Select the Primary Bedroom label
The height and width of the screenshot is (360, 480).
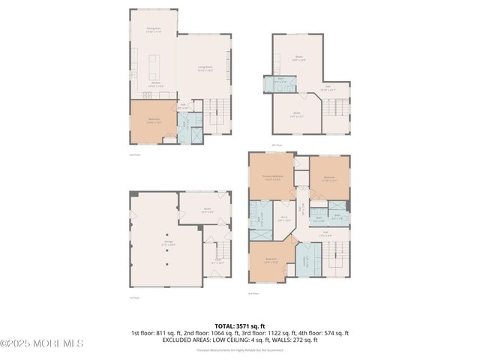click(x=271, y=178)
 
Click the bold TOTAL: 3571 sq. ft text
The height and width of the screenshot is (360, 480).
click(x=240, y=326)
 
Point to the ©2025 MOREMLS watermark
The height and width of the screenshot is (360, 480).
click(x=42, y=343)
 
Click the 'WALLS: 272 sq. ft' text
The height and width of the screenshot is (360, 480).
click(x=293, y=339)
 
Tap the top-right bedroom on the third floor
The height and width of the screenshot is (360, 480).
click(x=330, y=178)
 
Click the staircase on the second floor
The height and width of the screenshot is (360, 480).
click(x=217, y=112)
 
